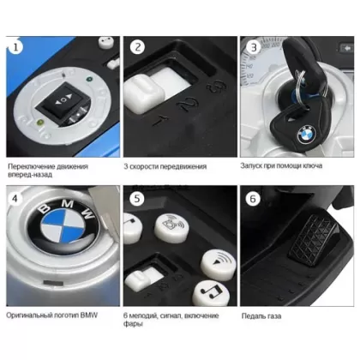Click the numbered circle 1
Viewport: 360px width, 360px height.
(15, 47)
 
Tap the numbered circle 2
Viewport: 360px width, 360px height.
(137, 47)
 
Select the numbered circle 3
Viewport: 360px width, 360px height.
(254, 47)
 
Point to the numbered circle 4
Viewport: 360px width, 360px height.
(15, 198)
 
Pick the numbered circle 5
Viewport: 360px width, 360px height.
(137, 198)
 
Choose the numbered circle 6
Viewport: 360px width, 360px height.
(253, 199)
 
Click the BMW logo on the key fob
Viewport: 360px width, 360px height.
(307, 135)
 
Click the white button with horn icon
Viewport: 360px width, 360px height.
(171, 228)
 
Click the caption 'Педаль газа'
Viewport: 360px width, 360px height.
(261, 315)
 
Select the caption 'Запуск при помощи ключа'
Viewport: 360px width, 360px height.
(281, 165)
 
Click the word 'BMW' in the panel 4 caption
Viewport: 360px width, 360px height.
(89, 315)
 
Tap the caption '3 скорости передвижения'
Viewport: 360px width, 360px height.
(165, 166)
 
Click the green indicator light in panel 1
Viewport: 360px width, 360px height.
(89, 79)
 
